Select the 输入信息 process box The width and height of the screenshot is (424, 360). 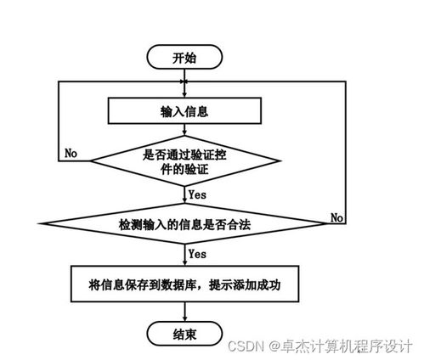184,110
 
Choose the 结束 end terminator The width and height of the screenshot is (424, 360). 184,334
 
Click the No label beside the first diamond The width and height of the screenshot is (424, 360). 72,155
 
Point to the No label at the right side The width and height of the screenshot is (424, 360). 337,217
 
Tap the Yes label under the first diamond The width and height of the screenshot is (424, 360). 197,194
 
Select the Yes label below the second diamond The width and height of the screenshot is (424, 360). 197,254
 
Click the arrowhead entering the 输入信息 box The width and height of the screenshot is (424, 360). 184,93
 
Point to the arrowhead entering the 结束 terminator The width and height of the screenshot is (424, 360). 184,319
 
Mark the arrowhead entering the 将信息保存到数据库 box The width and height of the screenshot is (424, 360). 184,266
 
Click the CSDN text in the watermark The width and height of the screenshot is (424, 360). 246,346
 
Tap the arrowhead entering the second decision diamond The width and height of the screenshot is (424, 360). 184,205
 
